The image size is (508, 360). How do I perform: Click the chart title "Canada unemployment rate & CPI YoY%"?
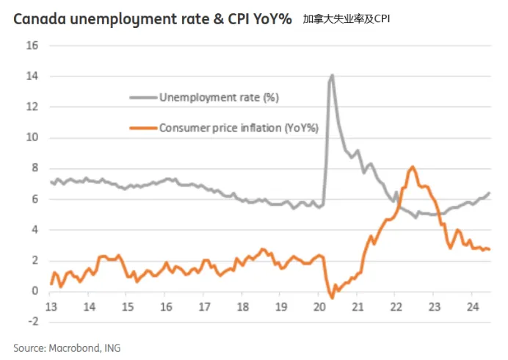[151, 18]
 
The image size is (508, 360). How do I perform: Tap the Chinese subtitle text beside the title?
[346, 18]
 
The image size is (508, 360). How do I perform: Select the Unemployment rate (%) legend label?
[219, 97]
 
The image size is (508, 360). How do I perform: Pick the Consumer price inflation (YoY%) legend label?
[239, 128]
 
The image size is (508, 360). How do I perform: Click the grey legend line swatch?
[144, 97]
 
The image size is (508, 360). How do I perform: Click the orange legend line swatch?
[144, 128]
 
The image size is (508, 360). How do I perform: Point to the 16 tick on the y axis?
[32, 46]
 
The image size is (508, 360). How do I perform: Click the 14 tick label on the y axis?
[32, 76]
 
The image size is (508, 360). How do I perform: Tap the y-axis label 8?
[35, 168]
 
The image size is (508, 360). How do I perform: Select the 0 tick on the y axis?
[35, 291]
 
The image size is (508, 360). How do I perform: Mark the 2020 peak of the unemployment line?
[333, 75]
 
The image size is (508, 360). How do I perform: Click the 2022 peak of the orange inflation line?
[413, 167]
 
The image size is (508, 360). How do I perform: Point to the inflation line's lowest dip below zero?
[332, 298]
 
